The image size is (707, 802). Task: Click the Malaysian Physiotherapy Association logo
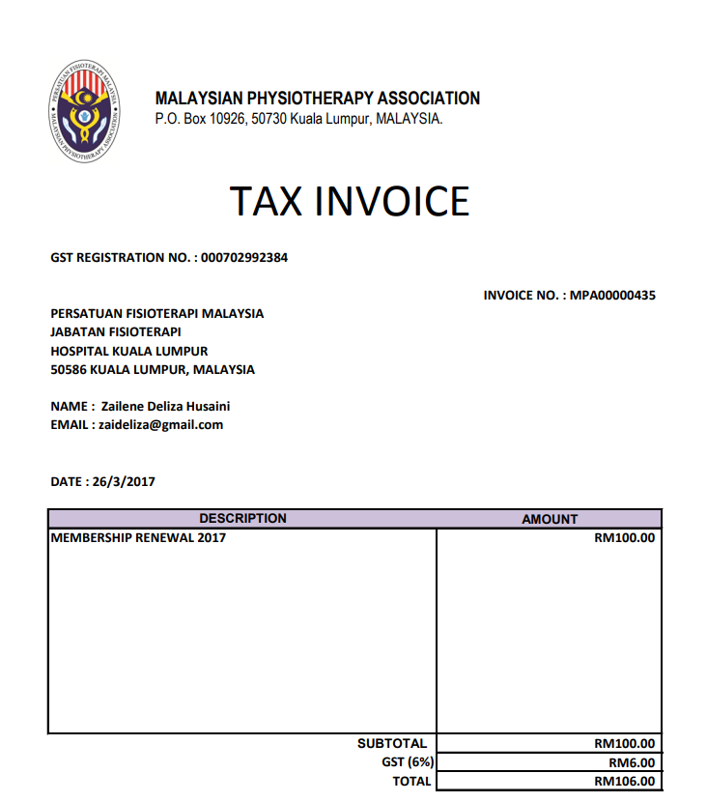(x=84, y=111)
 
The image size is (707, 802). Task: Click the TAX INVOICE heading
(x=350, y=201)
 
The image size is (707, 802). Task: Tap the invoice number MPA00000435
(x=612, y=295)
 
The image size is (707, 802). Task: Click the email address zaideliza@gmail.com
(x=160, y=424)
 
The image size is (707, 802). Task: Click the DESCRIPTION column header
(x=242, y=519)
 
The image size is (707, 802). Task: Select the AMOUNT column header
(x=550, y=519)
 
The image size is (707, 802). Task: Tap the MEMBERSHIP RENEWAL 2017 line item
(x=137, y=537)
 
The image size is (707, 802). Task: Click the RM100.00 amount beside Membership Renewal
(x=624, y=537)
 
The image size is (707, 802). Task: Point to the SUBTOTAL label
(x=391, y=744)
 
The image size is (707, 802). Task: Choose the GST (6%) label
(x=408, y=762)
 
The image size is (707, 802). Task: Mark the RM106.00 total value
(x=624, y=781)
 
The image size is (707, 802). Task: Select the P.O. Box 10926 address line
(x=298, y=119)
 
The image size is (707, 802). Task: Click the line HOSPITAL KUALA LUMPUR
(x=128, y=351)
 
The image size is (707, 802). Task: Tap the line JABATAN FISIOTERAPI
(x=115, y=331)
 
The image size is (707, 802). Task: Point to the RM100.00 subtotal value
(x=624, y=744)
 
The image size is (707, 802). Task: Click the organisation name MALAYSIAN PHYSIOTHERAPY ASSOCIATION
(x=317, y=99)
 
